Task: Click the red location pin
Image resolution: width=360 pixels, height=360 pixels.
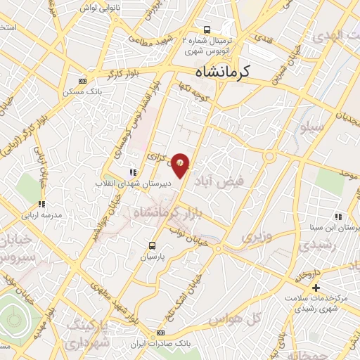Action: [181, 165]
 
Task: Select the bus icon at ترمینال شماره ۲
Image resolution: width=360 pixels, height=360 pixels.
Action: [207, 30]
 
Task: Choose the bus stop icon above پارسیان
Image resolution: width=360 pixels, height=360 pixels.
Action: [152, 245]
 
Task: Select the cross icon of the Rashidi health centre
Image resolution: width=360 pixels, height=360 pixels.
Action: [316, 288]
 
